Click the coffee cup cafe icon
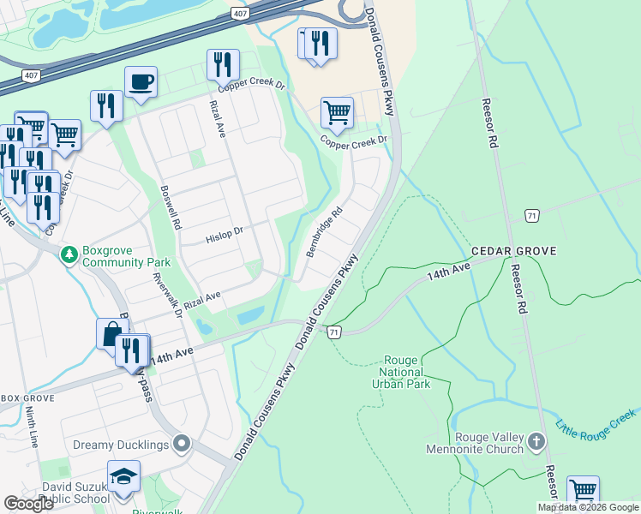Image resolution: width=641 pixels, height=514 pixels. pos(141,82)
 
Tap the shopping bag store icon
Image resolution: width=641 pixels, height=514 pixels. pos(111,334)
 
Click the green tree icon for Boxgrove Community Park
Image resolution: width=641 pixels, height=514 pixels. pos(69,254)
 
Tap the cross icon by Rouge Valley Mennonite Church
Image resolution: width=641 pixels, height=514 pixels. pos(536,442)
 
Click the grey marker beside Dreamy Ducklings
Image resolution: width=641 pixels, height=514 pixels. pos(181,444)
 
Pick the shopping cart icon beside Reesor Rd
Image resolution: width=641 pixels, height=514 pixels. pos(583,492)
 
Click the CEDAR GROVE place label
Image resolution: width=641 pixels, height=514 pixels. pos(514,251)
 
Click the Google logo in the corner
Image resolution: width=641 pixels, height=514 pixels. pos(28,503)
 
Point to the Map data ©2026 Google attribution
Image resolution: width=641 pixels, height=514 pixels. pos(587,507)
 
